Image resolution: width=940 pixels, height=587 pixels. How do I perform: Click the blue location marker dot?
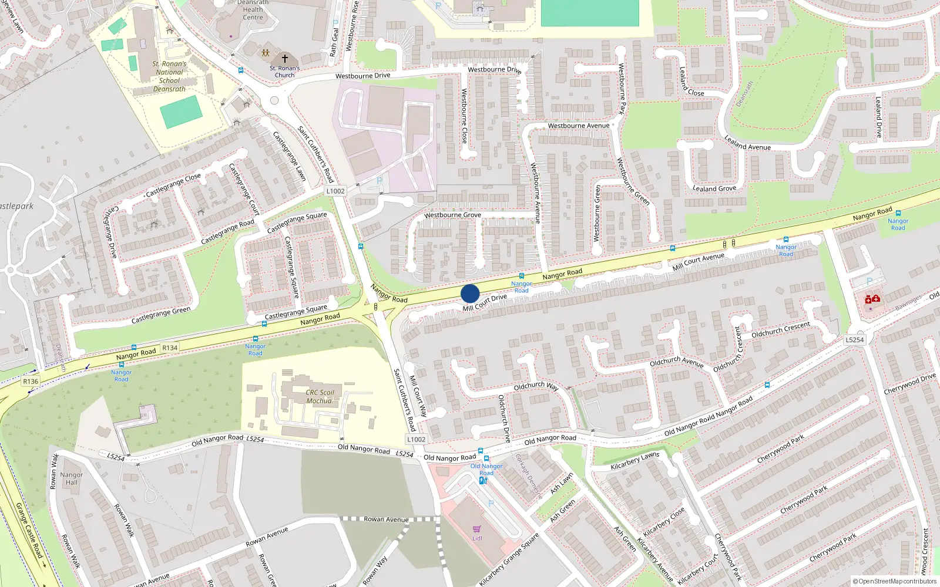(x=470, y=293)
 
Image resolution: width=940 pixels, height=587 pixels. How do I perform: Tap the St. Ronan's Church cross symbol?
(x=285, y=59)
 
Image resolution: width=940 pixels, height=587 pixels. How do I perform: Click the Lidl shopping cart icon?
(x=476, y=529)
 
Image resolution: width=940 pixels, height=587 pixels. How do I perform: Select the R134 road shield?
(x=170, y=348)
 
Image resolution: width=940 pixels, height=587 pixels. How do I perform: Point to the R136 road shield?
(x=31, y=382)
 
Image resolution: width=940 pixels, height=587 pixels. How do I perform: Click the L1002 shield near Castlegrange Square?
(x=335, y=191)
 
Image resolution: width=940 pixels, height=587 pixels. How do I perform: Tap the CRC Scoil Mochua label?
(x=320, y=397)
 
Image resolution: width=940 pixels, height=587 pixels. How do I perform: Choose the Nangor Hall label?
(x=72, y=478)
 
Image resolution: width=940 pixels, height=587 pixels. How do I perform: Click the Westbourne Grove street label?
(x=453, y=215)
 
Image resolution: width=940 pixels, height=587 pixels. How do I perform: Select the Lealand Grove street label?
(x=714, y=188)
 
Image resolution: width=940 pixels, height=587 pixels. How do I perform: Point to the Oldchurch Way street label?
(x=536, y=386)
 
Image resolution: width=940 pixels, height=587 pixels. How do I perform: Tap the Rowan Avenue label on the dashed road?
(x=386, y=519)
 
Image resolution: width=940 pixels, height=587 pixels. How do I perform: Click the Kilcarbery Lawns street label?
(x=634, y=461)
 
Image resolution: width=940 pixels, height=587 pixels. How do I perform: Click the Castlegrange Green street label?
(x=161, y=315)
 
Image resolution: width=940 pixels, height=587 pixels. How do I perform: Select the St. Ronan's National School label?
(x=169, y=76)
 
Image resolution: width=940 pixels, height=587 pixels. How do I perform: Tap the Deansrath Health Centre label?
(x=253, y=9)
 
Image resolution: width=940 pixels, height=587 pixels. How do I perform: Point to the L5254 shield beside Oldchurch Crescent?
(x=855, y=340)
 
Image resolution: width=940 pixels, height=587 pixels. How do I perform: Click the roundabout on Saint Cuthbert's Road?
(x=274, y=100)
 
